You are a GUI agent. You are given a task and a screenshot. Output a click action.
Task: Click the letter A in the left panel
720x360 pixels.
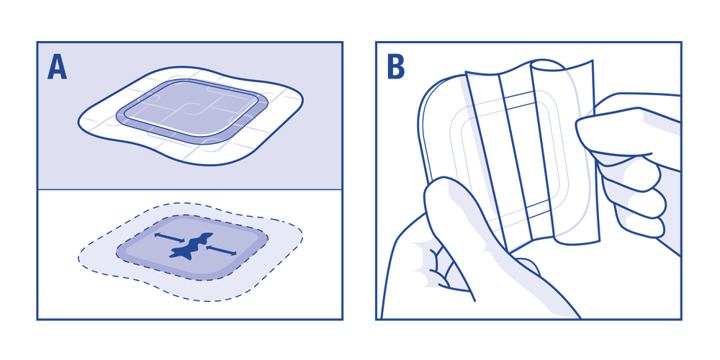57,68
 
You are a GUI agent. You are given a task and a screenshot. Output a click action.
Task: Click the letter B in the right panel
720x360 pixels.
395,68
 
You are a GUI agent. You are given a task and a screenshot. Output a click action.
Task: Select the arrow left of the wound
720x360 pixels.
169,238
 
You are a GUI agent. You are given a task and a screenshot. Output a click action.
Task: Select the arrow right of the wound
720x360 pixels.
221,250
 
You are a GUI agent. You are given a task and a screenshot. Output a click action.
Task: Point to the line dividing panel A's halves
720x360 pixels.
190,189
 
